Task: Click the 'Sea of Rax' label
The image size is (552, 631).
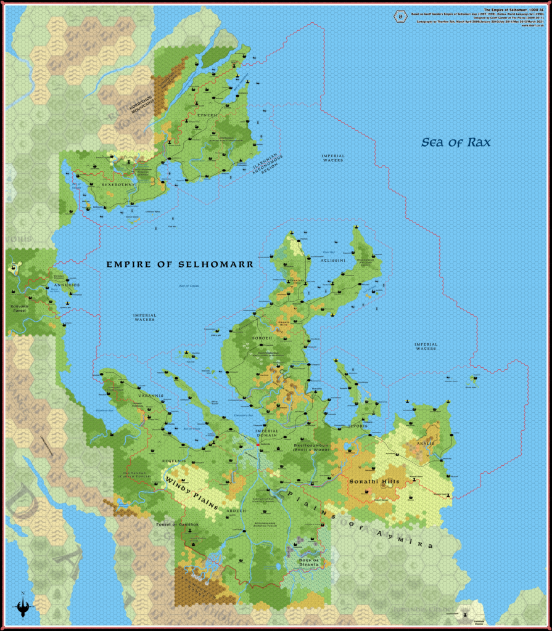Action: pyautogui.click(x=456, y=142)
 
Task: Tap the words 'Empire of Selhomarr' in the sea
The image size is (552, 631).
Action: pyautogui.click(x=179, y=264)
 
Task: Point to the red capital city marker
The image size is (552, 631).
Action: pyautogui.click(x=258, y=445)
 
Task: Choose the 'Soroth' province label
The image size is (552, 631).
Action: pyautogui.click(x=262, y=338)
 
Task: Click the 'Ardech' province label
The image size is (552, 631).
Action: pyautogui.click(x=238, y=511)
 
